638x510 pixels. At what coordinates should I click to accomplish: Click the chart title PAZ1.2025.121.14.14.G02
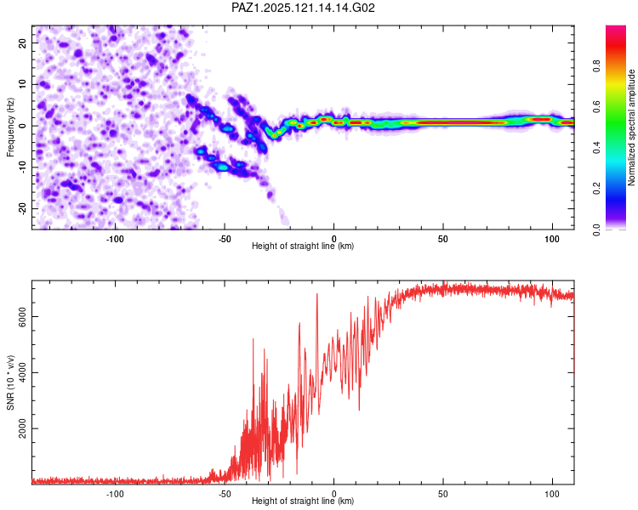click(303, 8)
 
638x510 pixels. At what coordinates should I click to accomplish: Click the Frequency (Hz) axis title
click(10, 127)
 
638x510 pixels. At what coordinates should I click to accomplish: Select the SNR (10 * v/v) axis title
click(10, 382)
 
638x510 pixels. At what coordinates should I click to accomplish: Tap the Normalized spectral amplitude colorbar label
click(631, 127)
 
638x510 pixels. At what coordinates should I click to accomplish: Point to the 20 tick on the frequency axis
click(22, 42)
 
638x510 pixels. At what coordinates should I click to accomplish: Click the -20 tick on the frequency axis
click(22, 208)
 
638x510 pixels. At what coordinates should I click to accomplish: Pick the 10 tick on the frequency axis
click(22, 84)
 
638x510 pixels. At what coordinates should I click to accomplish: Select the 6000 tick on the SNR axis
click(22, 316)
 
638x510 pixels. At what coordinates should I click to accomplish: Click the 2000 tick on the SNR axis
click(22, 428)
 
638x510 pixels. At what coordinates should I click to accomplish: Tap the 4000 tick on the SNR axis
click(22, 372)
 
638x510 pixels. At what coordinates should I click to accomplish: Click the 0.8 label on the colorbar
click(596, 66)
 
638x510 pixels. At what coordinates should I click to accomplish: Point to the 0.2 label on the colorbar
click(596, 189)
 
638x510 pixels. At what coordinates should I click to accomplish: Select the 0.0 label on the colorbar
click(596, 229)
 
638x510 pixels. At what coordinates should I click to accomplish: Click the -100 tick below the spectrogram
click(115, 239)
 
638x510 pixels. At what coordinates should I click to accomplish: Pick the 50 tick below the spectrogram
click(443, 239)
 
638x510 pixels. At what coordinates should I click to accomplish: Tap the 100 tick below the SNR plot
click(552, 494)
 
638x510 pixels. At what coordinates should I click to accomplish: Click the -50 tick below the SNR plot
click(225, 494)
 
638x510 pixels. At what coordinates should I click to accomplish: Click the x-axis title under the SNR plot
click(303, 501)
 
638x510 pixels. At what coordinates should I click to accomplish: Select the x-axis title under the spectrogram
click(303, 246)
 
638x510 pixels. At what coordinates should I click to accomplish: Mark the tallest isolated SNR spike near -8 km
click(317, 294)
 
